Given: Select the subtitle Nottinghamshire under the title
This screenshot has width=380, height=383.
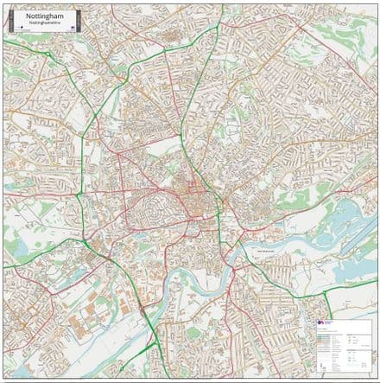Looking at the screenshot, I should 41,22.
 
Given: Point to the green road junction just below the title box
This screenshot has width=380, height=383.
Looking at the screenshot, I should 40,43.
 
